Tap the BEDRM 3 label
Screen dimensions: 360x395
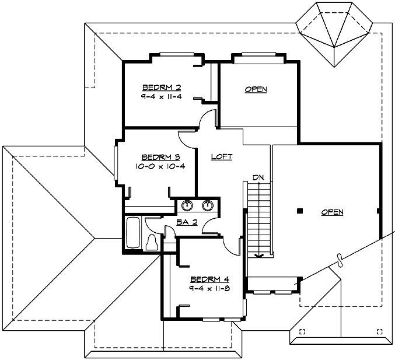[x=160, y=157]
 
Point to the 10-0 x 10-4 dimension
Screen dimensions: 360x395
[x=160, y=166]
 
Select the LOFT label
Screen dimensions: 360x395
[x=222, y=156]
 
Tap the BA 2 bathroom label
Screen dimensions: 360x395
[x=187, y=222]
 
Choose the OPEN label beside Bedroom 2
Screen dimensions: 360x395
[x=256, y=89]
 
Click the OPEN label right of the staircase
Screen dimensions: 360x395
[x=332, y=212]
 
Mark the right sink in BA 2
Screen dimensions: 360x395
[x=208, y=205]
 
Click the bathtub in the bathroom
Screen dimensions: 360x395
[x=132, y=233]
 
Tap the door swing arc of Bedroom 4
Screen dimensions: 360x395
[x=232, y=247]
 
